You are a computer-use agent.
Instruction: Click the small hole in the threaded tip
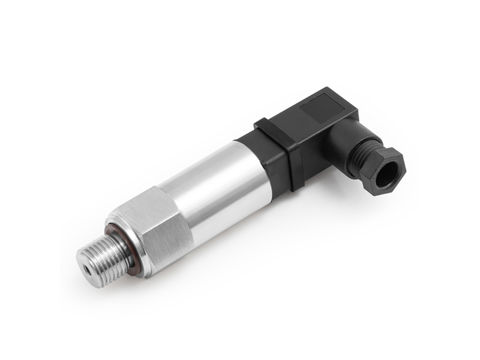(x=88, y=269)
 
